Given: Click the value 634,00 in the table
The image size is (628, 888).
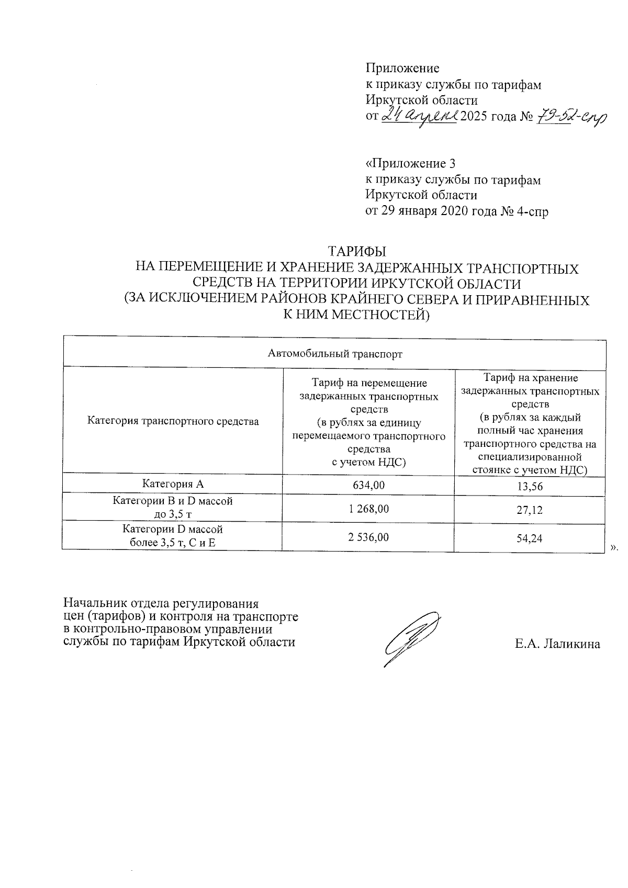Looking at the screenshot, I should click(369, 485).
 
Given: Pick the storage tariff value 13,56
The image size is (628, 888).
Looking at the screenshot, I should click(530, 486).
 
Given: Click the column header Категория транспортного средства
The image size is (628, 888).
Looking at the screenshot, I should click(173, 421).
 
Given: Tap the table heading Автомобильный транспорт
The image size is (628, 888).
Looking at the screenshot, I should click(335, 354).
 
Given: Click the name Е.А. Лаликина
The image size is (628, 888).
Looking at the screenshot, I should click(557, 644).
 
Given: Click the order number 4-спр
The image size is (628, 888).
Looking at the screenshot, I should click(532, 211).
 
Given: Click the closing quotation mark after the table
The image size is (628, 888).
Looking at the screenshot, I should click(614, 547).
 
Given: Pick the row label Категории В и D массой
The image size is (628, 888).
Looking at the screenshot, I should click(173, 501).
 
